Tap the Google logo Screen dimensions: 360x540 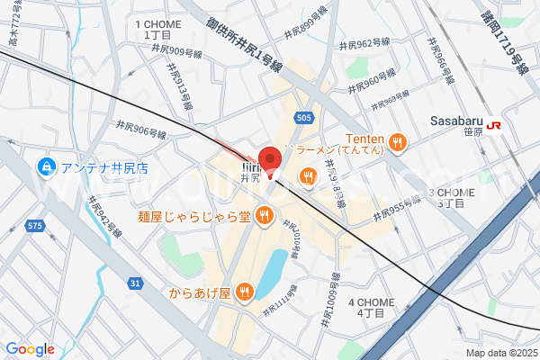[30, 349]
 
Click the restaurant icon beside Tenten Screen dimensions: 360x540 [400, 140]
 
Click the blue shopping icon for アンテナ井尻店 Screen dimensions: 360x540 [43, 166]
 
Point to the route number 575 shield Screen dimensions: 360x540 [34, 225]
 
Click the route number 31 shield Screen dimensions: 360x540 [135, 283]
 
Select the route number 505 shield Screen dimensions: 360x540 [303, 117]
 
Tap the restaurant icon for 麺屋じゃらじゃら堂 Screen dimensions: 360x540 [264, 215]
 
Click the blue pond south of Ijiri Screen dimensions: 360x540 [274, 265]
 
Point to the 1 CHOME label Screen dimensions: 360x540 [157, 29]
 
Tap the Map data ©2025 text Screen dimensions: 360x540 [499, 353]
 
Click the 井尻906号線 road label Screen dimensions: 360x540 [141, 129]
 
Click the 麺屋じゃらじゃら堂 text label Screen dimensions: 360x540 [193, 216]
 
